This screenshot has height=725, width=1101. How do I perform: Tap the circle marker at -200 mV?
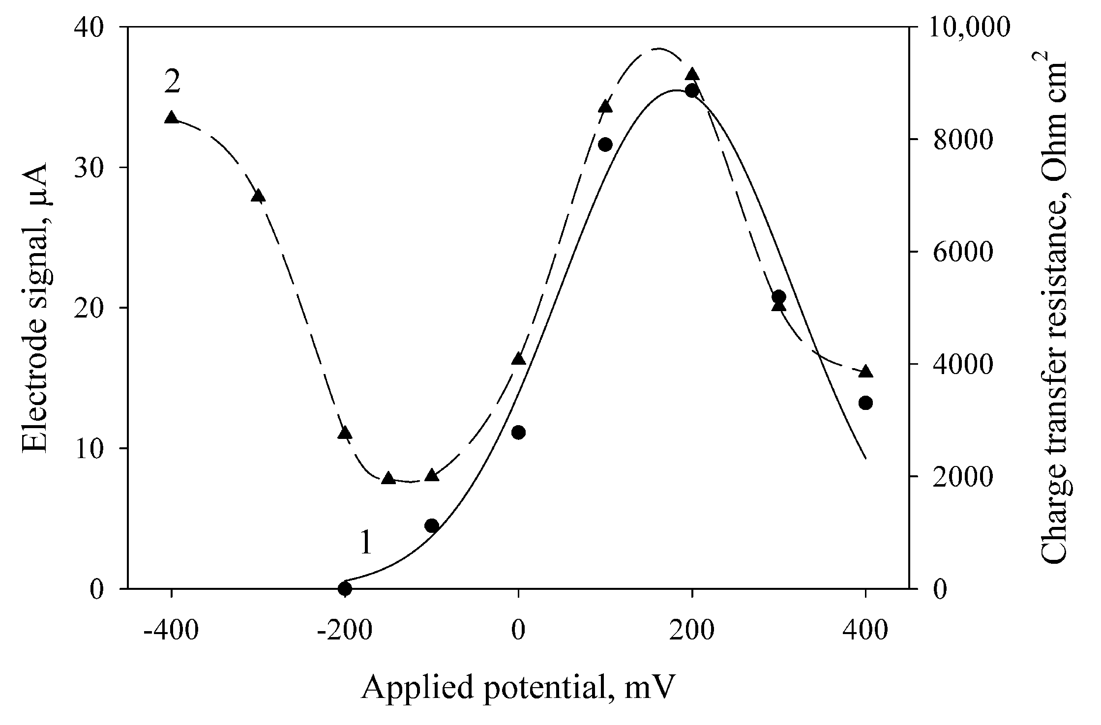[345, 588]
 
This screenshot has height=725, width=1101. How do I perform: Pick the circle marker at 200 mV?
[692, 90]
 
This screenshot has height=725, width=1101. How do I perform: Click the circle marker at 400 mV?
[865, 403]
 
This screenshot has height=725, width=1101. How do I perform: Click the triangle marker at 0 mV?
[518, 359]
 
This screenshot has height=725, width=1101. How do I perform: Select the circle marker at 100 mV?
[605, 145]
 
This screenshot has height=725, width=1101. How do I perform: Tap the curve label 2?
[172, 82]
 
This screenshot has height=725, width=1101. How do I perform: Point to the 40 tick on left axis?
[102, 28]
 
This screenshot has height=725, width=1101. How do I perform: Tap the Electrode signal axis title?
[35, 308]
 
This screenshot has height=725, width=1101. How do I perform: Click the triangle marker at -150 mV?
[388, 478]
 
